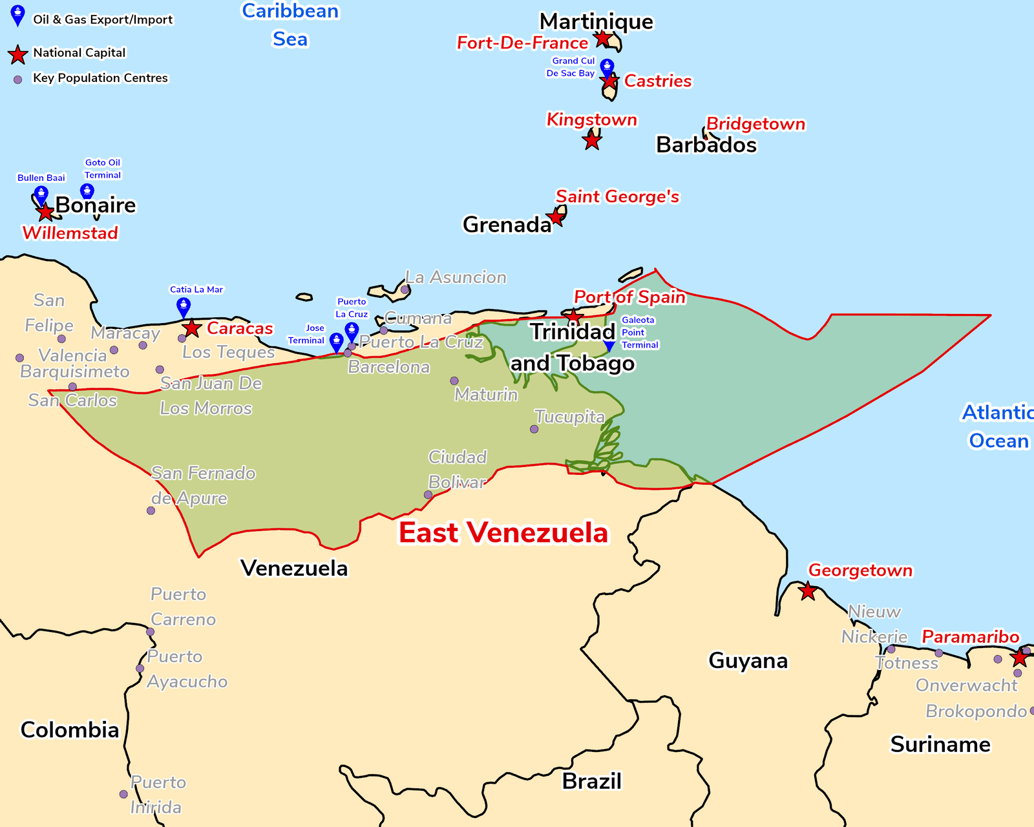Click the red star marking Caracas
(192, 328)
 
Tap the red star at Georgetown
(807, 591)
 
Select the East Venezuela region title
(503, 533)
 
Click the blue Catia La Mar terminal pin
(184, 306)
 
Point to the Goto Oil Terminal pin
(87, 191)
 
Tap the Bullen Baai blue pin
(41, 194)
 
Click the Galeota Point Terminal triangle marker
(609, 347)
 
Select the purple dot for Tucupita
(534, 429)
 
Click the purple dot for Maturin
(454, 381)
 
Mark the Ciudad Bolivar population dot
(428, 495)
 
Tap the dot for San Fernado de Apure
(151, 510)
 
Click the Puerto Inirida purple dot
(123, 794)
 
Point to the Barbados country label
(706, 145)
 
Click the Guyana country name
(748, 660)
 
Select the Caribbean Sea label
(290, 25)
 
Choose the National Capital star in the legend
(18, 54)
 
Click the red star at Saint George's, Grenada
(556, 216)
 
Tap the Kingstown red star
(592, 140)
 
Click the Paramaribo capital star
(1019, 658)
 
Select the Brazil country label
(591, 781)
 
